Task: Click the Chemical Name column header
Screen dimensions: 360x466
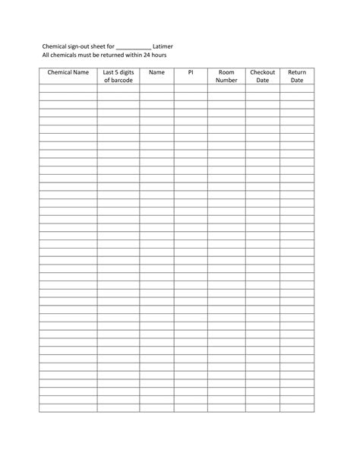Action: (68, 72)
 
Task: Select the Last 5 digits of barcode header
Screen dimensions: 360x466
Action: (118, 76)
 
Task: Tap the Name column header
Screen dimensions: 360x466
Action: (156, 72)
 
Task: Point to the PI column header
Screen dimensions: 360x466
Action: (191, 72)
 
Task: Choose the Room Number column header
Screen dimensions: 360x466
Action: (226, 76)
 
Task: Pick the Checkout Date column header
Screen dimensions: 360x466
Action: (263, 76)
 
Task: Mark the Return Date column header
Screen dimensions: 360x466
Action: (297, 76)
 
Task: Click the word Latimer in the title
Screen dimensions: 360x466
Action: (163, 46)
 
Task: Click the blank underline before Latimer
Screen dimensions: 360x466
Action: (134, 47)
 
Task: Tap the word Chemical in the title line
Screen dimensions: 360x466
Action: (55, 46)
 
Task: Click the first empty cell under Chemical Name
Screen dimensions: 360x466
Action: (68, 88)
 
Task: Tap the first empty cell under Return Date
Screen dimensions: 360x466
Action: (297, 88)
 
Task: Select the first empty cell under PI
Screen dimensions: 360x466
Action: (191, 88)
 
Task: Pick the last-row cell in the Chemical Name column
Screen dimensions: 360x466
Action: (68, 408)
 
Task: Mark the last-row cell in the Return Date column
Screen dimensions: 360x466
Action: (297, 408)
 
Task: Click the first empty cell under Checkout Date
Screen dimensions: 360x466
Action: (263, 88)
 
